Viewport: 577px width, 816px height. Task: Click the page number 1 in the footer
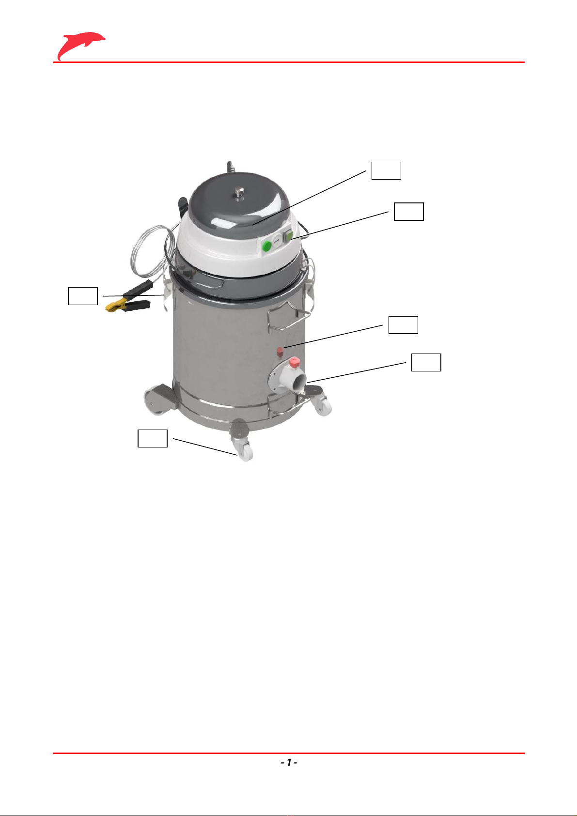289,762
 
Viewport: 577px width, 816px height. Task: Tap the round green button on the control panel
267,246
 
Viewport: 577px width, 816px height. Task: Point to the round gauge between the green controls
278,241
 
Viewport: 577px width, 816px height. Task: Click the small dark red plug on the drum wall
281,352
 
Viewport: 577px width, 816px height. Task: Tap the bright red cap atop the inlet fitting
295,362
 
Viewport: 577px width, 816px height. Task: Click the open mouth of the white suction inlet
300,383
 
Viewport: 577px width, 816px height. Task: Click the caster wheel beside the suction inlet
323,407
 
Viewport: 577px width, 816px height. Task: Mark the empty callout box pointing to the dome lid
387,170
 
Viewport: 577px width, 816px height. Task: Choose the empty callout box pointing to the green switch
409,212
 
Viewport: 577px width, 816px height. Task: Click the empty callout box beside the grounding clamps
83,296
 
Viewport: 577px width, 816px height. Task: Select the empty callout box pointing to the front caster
152,438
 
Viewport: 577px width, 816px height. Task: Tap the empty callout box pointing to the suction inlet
426,362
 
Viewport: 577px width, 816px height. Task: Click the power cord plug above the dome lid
230,167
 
